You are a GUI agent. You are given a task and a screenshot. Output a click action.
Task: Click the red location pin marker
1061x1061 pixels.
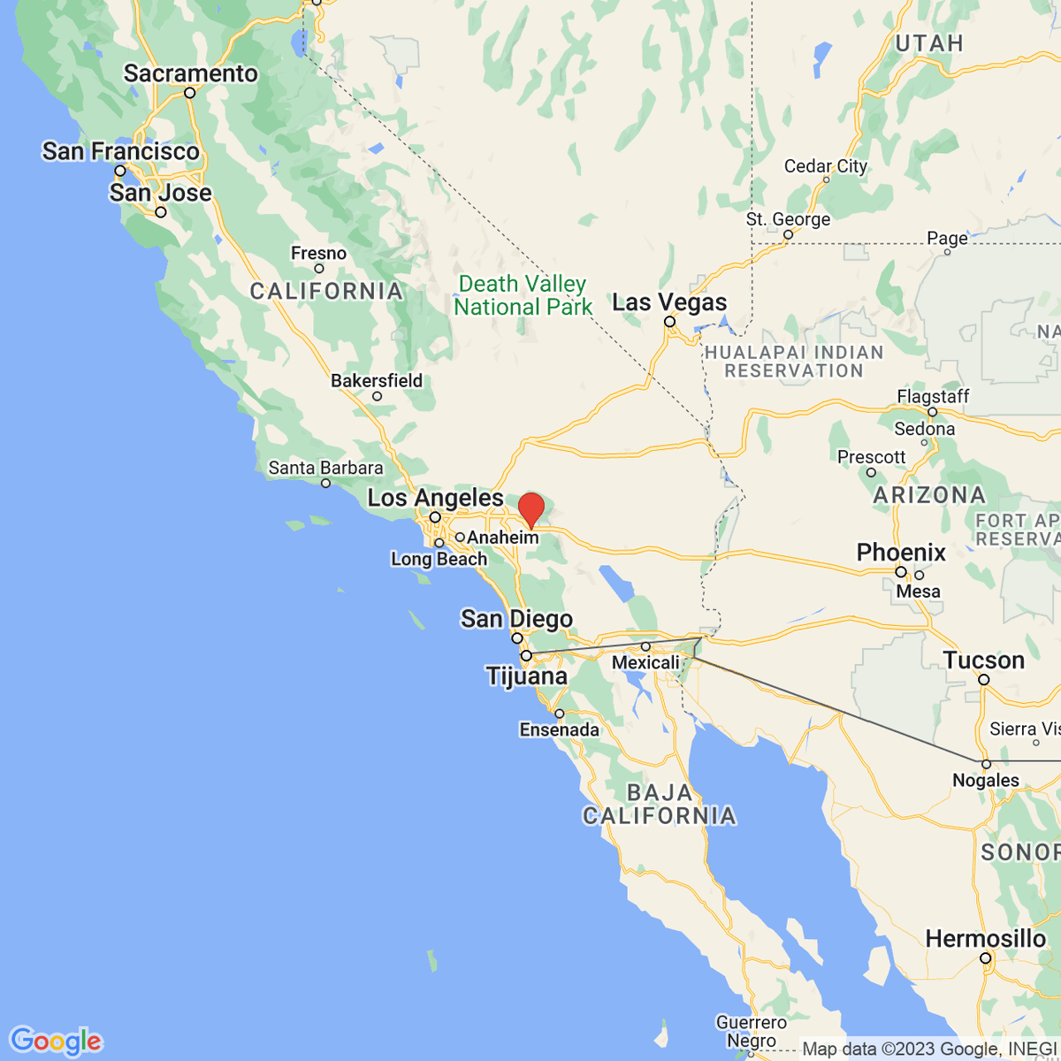pyautogui.click(x=530, y=510)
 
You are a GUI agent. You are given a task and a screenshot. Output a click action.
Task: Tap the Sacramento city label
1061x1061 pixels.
pyautogui.click(x=190, y=73)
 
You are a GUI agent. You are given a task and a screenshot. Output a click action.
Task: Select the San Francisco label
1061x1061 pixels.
pyautogui.click(x=121, y=151)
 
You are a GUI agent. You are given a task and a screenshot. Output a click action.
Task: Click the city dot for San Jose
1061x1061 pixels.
pyautogui.click(x=161, y=212)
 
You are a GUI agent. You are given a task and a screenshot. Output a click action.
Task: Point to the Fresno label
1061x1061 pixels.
pyautogui.click(x=318, y=254)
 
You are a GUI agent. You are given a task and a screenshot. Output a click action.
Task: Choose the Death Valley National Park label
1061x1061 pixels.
pyautogui.click(x=523, y=295)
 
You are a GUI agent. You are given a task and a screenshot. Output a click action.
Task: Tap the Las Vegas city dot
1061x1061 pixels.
pyautogui.click(x=669, y=322)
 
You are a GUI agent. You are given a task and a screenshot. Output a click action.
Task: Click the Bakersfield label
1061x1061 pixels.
pyautogui.click(x=377, y=380)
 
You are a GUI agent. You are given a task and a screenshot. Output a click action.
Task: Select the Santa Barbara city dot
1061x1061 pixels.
pyautogui.click(x=326, y=483)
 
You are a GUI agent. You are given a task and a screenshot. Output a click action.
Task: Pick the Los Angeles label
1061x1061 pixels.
pyautogui.click(x=435, y=498)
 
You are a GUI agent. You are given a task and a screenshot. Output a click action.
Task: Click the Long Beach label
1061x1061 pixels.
pyautogui.click(x=439, y=559)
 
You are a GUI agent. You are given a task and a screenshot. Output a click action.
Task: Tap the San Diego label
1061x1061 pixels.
pyautogui.click(x=516, y=619)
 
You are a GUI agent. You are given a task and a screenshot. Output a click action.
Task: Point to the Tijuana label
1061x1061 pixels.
pyautogui.click(x=527, y=676)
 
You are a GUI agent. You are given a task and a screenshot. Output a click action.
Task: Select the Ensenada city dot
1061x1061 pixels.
pyautogui.click(x=559, y=714)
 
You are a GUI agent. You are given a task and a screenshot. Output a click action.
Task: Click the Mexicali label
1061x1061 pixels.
pyautogui.click(x=646, y=662)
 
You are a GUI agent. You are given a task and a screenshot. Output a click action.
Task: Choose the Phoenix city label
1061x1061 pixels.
pyautogui.click(x=901, y=553)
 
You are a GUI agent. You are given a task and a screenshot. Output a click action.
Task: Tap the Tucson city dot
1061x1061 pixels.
pyautogui.click(x=984, y=680)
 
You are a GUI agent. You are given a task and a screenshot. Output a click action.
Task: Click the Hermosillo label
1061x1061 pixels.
pyautogui.click(x=986, y=938)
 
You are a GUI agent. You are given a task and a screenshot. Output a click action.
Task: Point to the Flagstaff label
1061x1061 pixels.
pyautogui.click(x=933, y=396)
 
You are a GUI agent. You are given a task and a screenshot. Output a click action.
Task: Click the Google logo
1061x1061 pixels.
pyautogui.click(x=56, y=1041)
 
